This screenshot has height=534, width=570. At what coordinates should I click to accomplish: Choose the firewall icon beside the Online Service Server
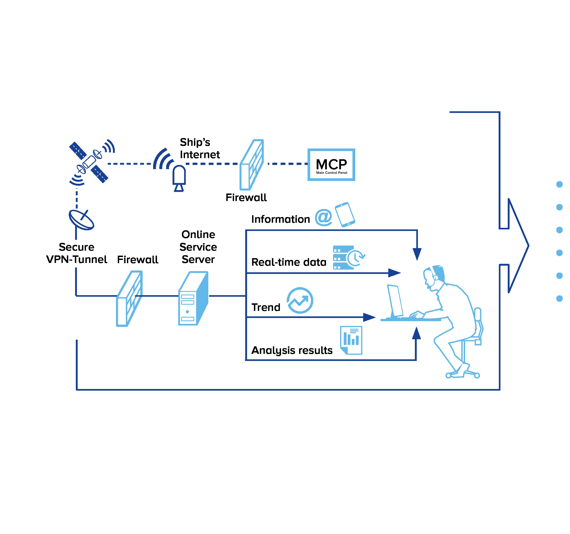pos(129,299)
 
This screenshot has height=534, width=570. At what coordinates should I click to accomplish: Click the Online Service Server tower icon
pos(193,299)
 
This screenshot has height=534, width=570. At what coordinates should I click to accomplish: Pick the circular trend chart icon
pos(300,300)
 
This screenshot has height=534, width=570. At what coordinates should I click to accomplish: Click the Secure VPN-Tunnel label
pos(77,253)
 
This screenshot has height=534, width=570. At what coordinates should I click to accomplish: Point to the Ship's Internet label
pos(200,148)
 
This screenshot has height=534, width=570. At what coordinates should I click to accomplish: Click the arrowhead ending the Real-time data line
pos(395,273)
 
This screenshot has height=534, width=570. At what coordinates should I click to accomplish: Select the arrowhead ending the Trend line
pos(369,317)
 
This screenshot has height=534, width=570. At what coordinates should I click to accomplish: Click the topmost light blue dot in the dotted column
pos(559,184)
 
